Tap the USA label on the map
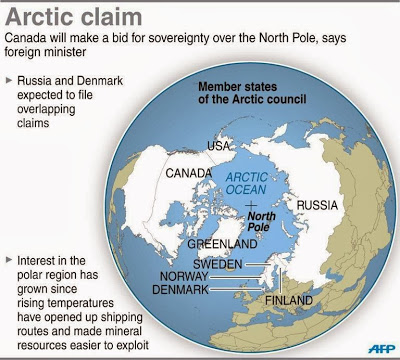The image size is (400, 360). [x=219, y=146]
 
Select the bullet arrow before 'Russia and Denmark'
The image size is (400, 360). [x=10, y=77]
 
